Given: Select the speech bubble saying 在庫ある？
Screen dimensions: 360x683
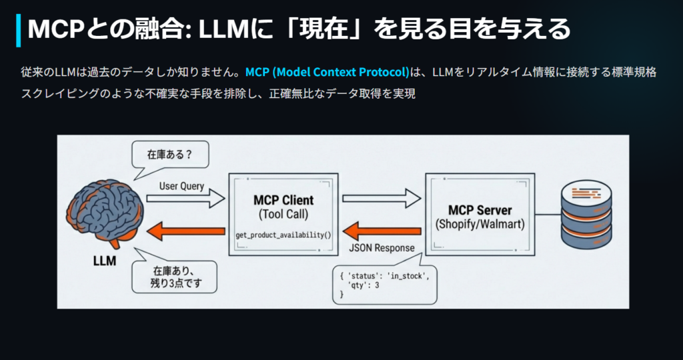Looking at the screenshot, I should [x=169, y=155].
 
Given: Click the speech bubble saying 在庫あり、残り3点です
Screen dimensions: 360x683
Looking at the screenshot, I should [x=175, y=276].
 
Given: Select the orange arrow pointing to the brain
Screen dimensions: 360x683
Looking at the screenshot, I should [x=186, y=232].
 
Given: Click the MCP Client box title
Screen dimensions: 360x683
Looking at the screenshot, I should [x=283, y=201].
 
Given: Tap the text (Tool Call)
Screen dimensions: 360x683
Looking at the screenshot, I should [x=283, y=215].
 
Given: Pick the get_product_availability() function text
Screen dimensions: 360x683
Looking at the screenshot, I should [x=283, y=236].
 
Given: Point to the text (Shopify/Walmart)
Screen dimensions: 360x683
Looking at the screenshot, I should [x=480, y=225].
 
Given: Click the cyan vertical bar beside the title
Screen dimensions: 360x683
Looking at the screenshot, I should [x=18, y=29].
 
